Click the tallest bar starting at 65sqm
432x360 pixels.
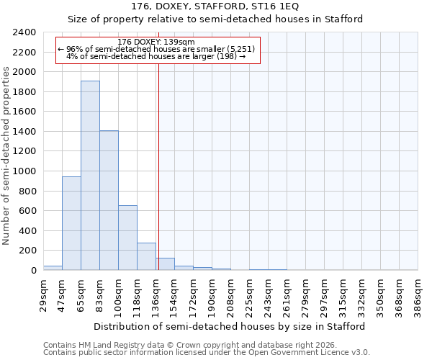90,175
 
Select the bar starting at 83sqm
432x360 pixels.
109,200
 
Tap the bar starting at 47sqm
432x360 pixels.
71,223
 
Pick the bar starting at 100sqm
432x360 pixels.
127,238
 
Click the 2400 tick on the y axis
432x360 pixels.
25,32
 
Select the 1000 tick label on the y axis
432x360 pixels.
25,171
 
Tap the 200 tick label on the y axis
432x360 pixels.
28,251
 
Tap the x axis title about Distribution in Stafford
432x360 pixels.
230,326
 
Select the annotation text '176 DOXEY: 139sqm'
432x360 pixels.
156,42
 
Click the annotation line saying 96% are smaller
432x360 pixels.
156,49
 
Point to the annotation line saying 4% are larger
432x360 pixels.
156,56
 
